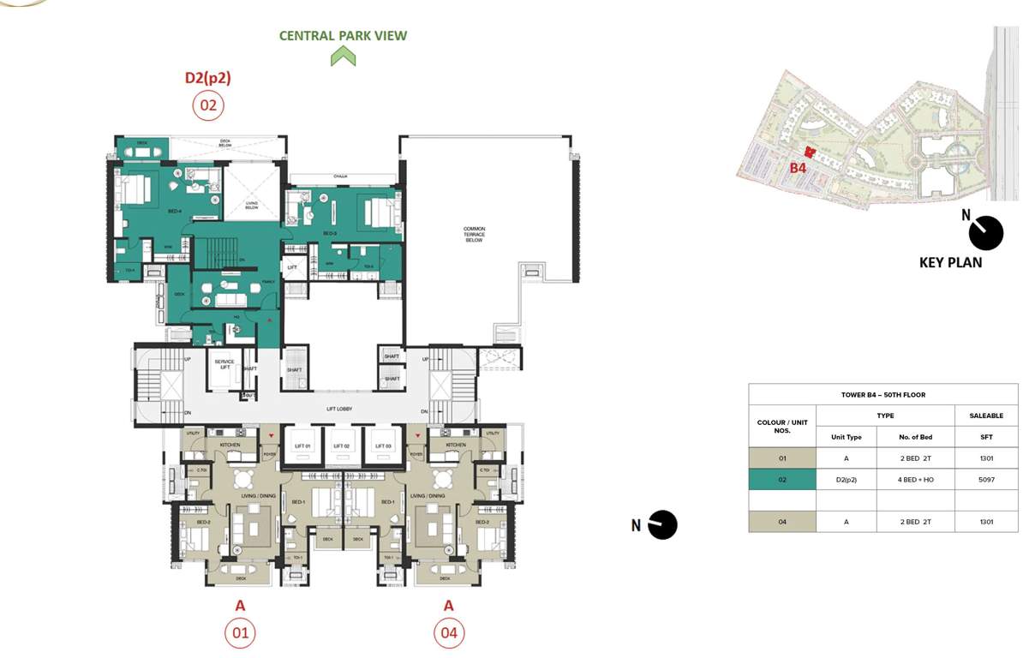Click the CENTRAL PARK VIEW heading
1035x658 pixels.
coord(343,36)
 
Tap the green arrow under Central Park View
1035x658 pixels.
coord(343,57)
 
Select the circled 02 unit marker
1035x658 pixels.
coord(207,106)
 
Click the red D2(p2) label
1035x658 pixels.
coord(207,78)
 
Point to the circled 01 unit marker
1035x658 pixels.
coord(240,633)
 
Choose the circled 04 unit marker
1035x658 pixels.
coord(448,633)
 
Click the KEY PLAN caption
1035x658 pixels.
coord(950,262)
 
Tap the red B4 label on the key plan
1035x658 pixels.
coord(798,168)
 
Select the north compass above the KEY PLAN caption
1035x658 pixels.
coord(985,233)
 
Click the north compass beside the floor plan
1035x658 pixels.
coord(662,524)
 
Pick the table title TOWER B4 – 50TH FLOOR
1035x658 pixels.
coord(882,395)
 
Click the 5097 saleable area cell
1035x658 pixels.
coord(986,480)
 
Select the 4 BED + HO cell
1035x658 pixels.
coord(915,480)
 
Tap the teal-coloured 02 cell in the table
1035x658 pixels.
coord(781,480)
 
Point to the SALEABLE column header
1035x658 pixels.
coord(986,416)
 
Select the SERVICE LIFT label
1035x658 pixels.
coord(224,365)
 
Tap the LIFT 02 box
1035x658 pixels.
coord(340,446)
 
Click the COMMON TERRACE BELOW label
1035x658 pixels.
coord(474,235)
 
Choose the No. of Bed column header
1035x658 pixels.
coord(915,437)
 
